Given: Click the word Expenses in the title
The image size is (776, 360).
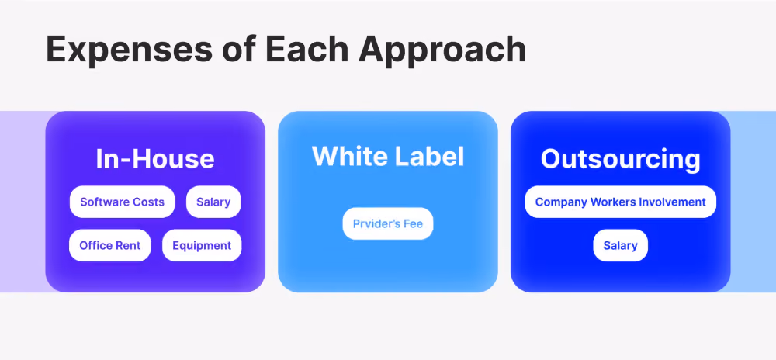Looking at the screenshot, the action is (x=129, y=50).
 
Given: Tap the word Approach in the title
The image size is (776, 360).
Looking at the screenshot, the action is (x=442, y=50).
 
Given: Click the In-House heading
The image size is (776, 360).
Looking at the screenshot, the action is (x=155, y=159).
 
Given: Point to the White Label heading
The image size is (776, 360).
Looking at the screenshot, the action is (x=388, y=156).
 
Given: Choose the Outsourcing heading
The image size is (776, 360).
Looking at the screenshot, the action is (x=621, y=159).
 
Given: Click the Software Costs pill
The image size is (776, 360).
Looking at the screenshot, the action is (x=123, y=202).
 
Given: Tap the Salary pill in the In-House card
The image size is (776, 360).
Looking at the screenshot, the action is (x=213, y=202).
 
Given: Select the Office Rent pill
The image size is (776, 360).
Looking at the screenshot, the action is (x=110, y=245).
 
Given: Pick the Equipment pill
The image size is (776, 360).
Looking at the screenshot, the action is (x=202, y=245).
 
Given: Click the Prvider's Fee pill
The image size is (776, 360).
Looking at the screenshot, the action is (x=388, y=223).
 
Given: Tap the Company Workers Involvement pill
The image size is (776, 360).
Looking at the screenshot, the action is (x=621, y=202).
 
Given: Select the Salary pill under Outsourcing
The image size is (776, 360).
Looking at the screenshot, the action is (x=621, y=245).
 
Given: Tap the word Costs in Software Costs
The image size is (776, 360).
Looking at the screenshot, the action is (x=148, y=202).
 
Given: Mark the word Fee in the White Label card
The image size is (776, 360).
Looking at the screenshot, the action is (x=413, y=223).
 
